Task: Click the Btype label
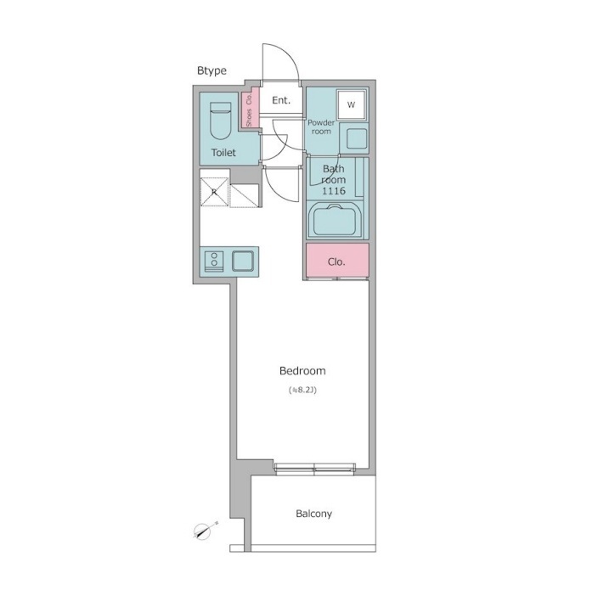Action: point(212,70)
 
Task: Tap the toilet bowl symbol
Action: point(221,121)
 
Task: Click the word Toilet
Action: point(223,153)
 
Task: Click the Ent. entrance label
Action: point(281,100)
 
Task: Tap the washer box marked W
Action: point(352,104)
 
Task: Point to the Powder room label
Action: point(321,127)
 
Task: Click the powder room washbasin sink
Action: point(357,138)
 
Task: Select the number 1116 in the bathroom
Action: point(334,191)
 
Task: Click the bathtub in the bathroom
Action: point(335,220)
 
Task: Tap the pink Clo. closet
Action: point(337,261)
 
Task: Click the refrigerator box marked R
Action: point(214,192)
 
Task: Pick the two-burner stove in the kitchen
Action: point(214,261)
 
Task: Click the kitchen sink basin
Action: point(243,261)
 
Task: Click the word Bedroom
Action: point(302,371)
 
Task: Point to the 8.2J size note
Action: point(302,391)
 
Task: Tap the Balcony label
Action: point(314,514)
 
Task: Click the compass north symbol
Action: point(206,530)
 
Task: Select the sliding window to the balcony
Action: point(315,468)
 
